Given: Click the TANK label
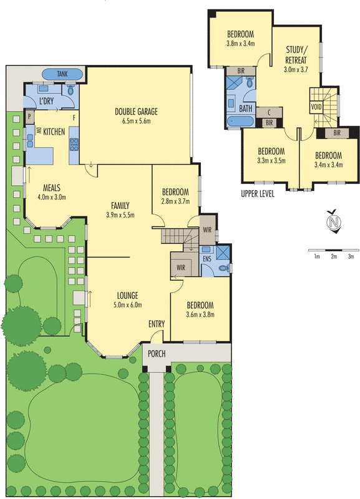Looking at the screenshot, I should click(62, 74).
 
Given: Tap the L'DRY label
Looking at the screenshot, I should click(46, 101).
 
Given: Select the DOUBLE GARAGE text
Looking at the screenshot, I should click(136, 112).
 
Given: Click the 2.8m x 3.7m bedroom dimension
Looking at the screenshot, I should click(175, 201).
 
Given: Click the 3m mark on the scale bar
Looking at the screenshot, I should click(351, 256).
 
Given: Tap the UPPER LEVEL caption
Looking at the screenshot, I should click(258, 194).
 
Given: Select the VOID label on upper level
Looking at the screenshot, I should click(316, 107).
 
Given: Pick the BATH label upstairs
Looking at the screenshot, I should click(245, 108).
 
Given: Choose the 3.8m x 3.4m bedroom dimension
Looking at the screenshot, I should click(240, 44).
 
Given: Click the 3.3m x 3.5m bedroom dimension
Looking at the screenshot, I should click(271, 160).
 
